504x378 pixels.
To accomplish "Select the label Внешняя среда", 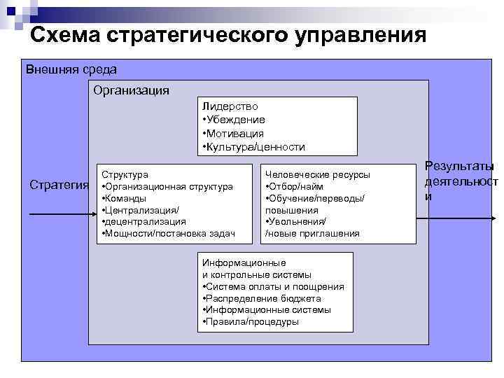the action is tap(71, 70).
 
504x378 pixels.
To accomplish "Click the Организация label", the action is tap(131, 91).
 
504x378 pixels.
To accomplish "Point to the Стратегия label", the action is tap(59, 185).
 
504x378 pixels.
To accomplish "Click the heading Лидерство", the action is tap(230, 106).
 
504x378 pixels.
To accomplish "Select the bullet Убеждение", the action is tap(234, 120).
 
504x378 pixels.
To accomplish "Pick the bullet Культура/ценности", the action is tap(253, 146).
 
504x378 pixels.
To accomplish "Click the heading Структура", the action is tap(125, 174).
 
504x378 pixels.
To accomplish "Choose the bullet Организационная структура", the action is tap(167, 186).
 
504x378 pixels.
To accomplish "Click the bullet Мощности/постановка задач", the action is tap(169, 233).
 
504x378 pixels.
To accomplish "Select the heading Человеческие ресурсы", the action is tap(317, 174).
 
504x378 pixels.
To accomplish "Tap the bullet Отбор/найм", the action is tap(294, 186).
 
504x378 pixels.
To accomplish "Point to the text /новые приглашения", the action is tap(312, 233).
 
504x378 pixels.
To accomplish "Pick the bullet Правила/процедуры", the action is tap(250, 321).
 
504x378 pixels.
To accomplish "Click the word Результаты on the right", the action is tap(460, 167).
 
